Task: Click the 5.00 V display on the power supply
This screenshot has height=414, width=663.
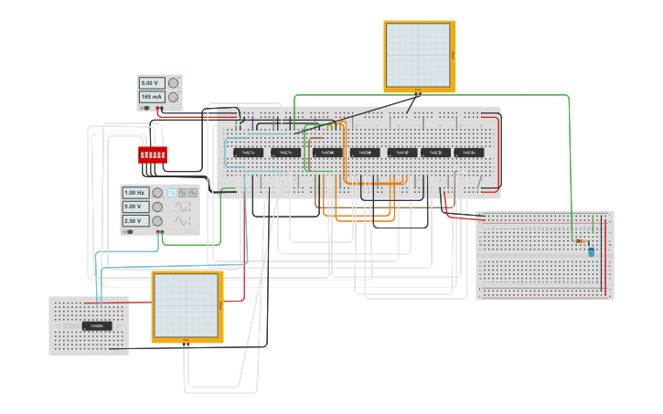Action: point(151,83)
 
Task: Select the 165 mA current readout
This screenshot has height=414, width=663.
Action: point(151,97)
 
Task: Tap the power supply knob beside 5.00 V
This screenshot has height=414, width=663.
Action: point(173,83)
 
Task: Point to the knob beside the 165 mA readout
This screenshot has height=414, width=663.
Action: point(173,97)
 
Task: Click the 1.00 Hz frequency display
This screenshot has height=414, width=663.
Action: point(135,193)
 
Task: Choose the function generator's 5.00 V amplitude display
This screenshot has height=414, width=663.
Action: point(135,207)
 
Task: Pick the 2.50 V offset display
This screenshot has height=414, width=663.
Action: point(135,220)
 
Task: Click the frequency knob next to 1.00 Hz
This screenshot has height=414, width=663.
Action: point(157,193)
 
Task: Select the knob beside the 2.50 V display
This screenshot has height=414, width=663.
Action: point(157,220)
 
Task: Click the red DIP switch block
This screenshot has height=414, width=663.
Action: point(152,154)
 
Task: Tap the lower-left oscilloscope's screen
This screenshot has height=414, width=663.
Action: point(186,305)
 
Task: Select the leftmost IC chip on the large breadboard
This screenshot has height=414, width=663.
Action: point(248,153)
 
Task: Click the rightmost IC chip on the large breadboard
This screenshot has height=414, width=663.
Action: point(469,153)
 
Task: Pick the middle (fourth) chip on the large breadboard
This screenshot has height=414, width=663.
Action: point(364,153)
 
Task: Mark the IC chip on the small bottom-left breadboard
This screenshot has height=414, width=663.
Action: point(97,325)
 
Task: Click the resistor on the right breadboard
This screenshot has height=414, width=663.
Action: point(582,241)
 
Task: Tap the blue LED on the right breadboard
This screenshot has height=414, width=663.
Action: point(591,251)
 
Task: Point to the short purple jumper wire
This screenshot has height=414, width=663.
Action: point(252,122)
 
